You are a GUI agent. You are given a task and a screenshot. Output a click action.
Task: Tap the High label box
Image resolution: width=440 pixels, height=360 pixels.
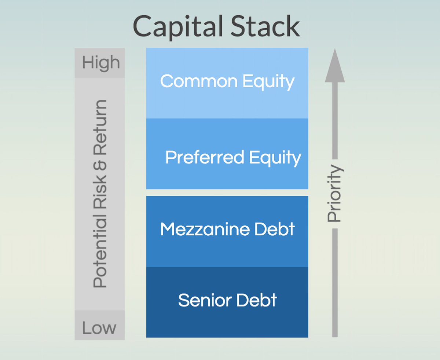click(x=100, y=63)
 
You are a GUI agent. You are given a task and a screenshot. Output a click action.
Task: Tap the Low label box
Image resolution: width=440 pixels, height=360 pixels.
click(x=99, y=327)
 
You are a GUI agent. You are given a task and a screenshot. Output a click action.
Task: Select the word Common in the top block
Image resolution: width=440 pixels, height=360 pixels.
click(x=194, y=81)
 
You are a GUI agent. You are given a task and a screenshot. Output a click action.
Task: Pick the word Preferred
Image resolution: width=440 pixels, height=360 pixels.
click(x=205, y=158)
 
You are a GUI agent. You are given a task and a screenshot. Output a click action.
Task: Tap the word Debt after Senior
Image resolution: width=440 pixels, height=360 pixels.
click(x=256, y=300)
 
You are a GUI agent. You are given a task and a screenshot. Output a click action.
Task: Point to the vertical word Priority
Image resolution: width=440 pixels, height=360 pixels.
click(x=334, y=194)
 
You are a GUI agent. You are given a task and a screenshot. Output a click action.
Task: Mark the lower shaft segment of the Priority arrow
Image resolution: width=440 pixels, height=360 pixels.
click(x=334, y=282)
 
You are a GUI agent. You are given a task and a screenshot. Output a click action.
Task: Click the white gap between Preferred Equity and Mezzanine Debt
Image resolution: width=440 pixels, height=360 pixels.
click(x=227, y=192)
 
